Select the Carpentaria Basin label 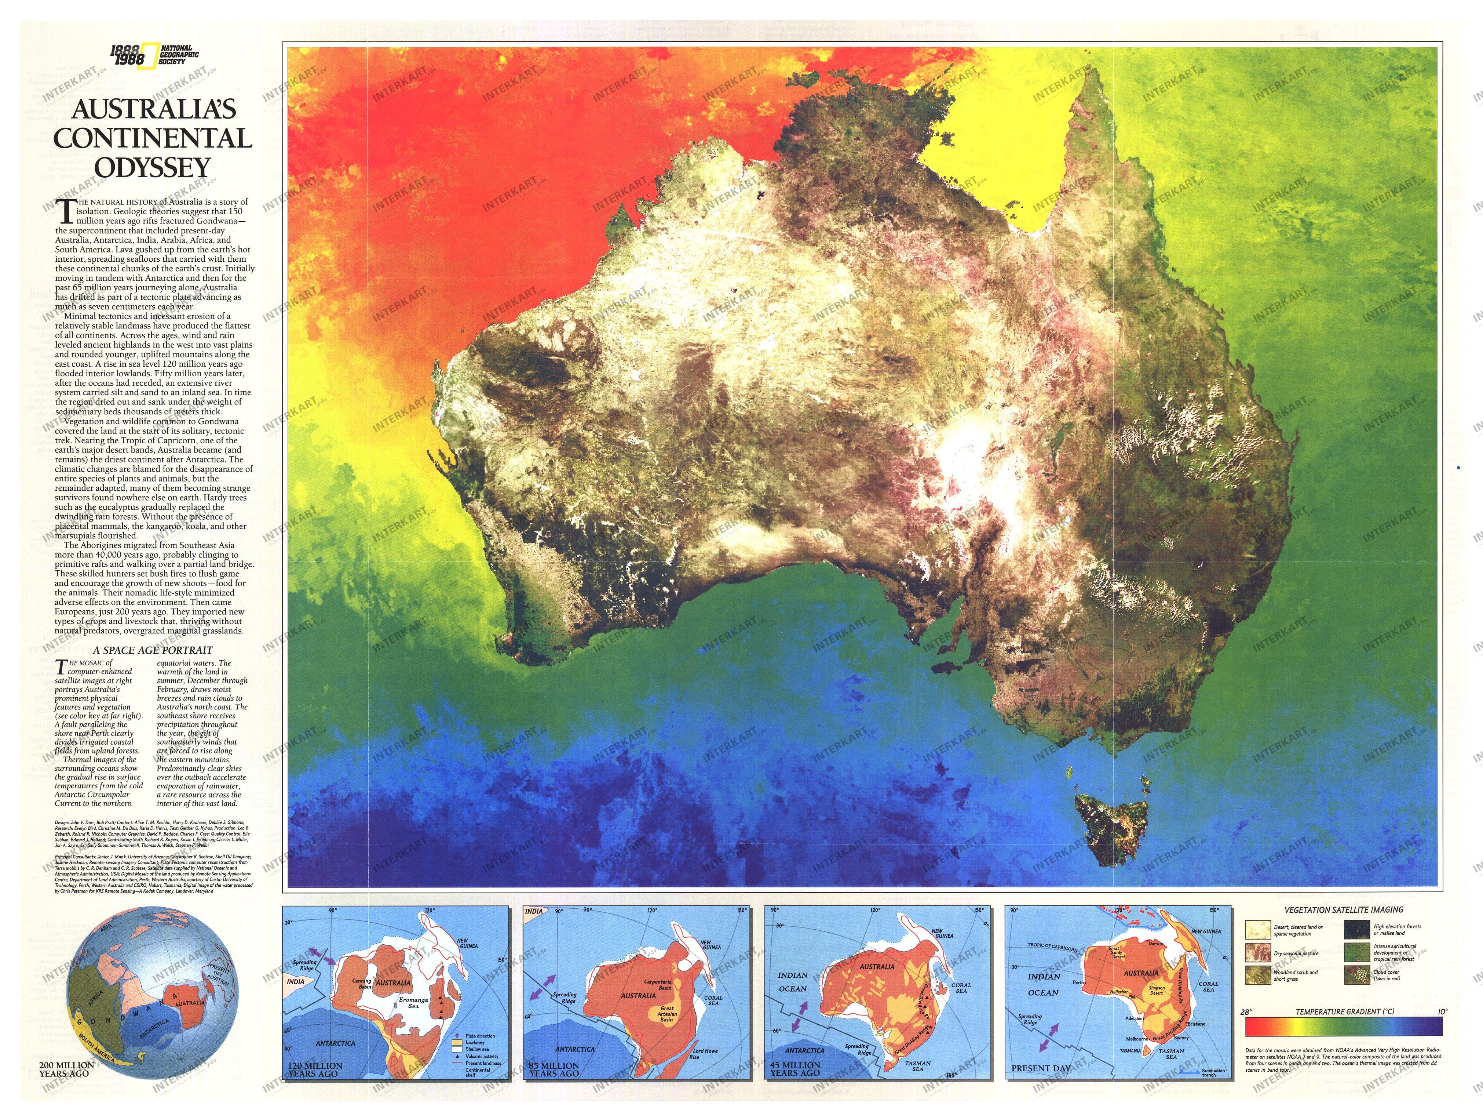[658, 985]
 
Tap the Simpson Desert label [1157, 990]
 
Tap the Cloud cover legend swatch [1358, 976]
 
